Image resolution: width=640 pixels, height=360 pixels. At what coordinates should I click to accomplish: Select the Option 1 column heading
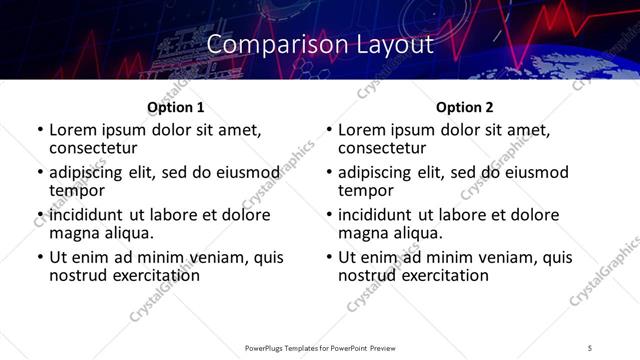(176, 107)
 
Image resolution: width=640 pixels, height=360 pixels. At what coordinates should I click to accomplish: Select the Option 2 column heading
(465, 107)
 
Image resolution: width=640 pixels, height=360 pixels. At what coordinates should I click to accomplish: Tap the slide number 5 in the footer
(590, 347)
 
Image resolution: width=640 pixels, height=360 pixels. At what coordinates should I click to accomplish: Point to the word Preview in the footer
(391, 347)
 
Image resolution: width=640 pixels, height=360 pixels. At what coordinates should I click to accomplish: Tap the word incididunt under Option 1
(86, 215)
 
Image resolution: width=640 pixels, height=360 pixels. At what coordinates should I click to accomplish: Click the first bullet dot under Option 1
(40, 131)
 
